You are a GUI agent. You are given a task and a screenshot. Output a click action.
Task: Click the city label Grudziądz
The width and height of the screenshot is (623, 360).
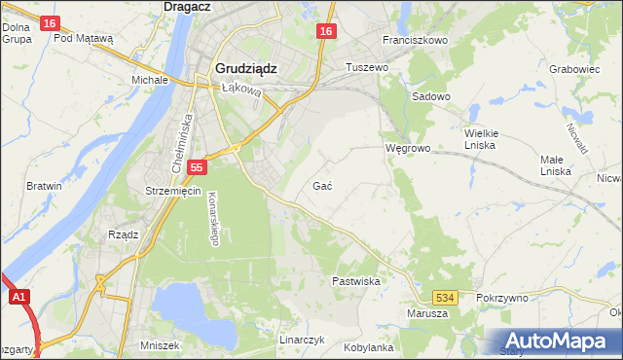(245, 69)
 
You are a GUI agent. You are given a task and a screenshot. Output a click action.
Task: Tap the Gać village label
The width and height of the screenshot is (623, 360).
(324, 186)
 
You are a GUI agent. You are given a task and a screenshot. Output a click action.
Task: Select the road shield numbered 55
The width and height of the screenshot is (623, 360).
(198, 168)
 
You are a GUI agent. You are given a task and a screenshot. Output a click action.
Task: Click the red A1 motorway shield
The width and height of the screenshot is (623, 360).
(18, 299)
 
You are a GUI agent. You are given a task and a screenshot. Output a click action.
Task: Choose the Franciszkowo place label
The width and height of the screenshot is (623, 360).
(415, 41)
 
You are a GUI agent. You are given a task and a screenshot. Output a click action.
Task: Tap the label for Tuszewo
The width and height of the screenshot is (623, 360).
(368, 67)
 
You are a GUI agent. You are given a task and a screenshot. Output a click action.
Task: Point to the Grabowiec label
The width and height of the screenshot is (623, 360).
(573, 70)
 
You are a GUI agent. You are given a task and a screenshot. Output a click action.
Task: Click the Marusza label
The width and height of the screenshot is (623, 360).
(428, 313)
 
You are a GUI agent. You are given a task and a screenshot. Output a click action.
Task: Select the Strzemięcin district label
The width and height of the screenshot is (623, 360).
(172, 191)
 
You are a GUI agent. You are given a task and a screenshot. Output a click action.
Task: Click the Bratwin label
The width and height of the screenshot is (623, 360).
(45, 186)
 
